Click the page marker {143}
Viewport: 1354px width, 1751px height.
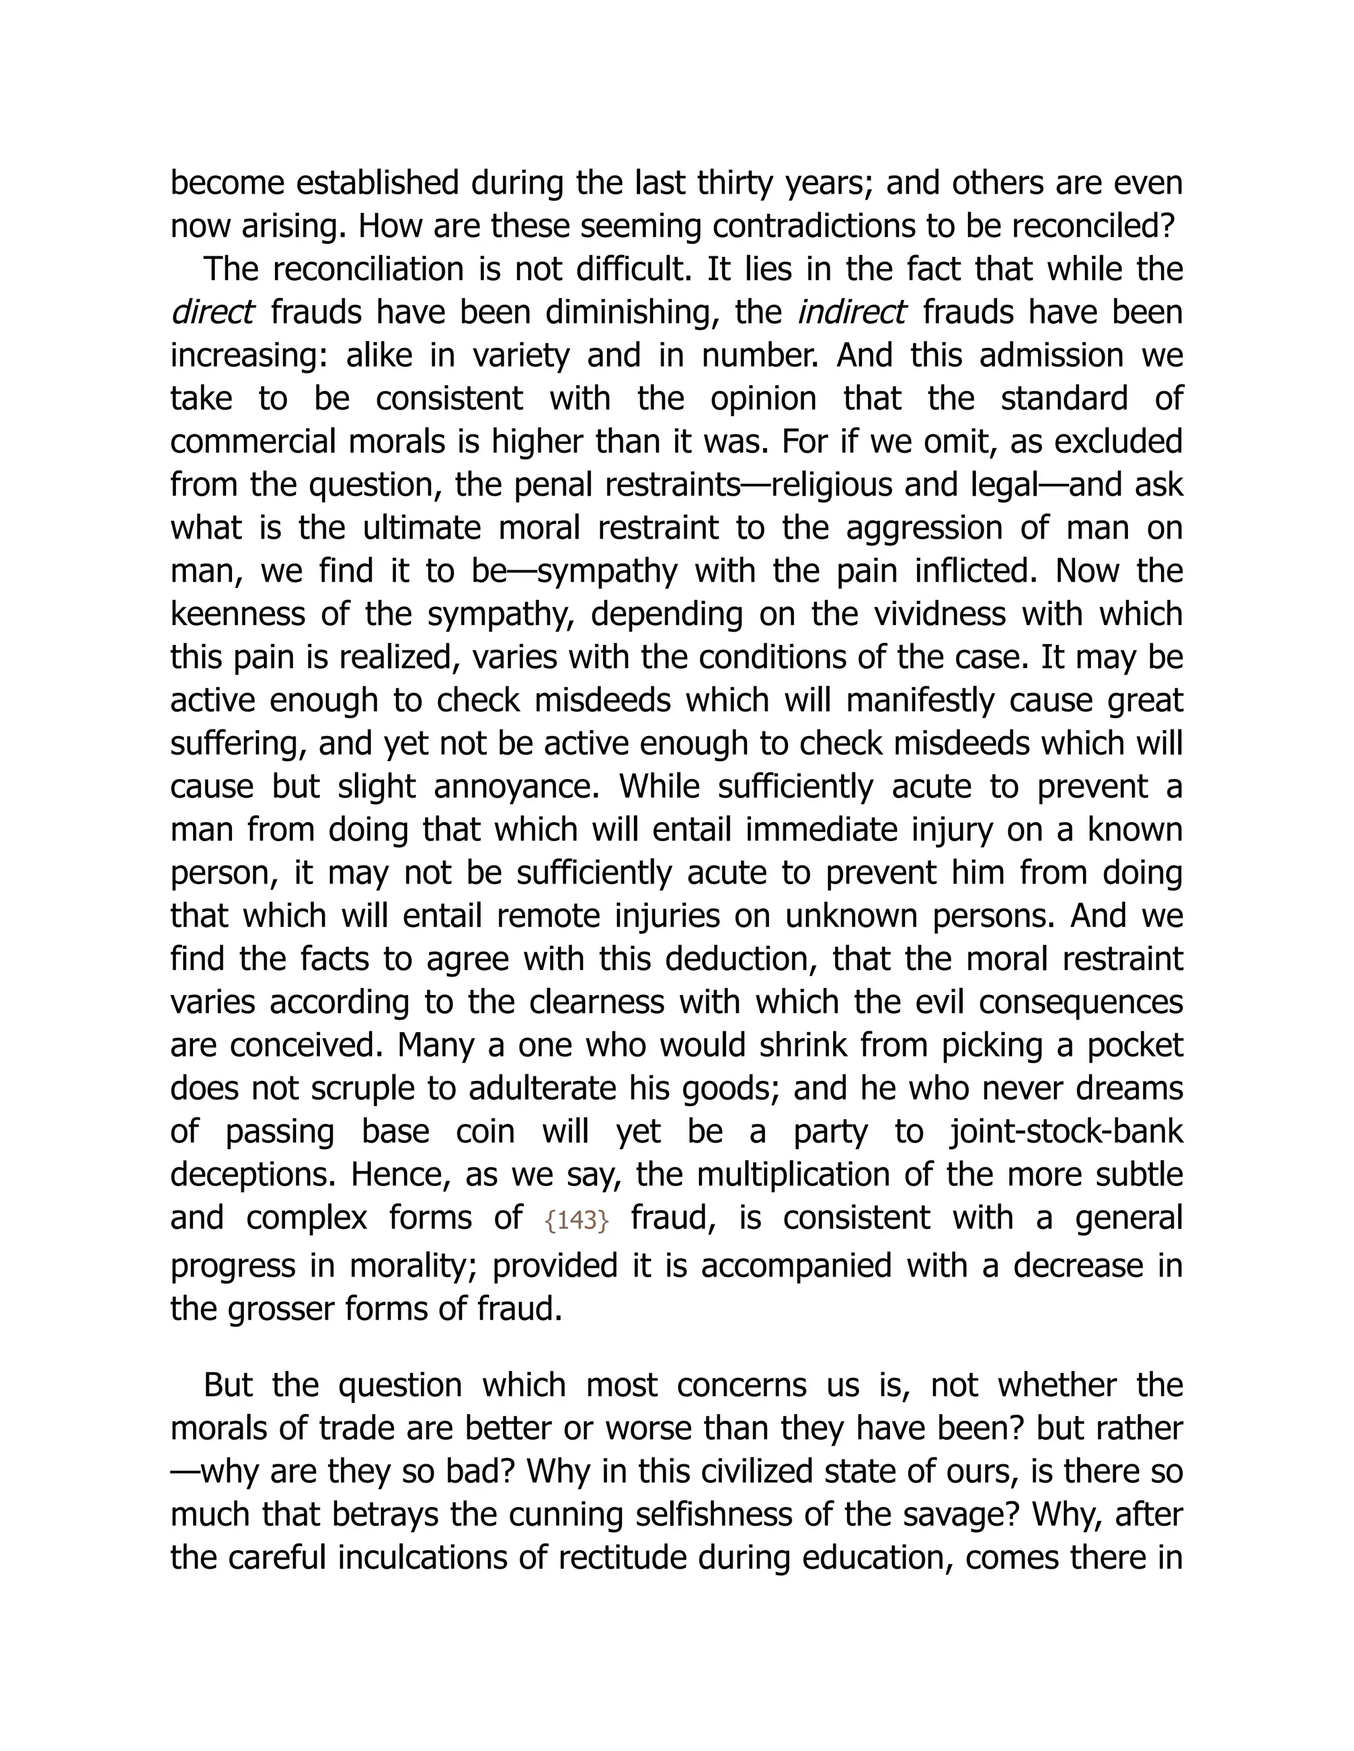point(576,1220)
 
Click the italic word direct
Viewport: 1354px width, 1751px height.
point(213,312)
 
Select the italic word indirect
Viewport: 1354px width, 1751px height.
point(852,312)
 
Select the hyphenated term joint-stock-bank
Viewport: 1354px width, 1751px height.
point(1067,1131)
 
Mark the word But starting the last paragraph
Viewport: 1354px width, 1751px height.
point(228,1386)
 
